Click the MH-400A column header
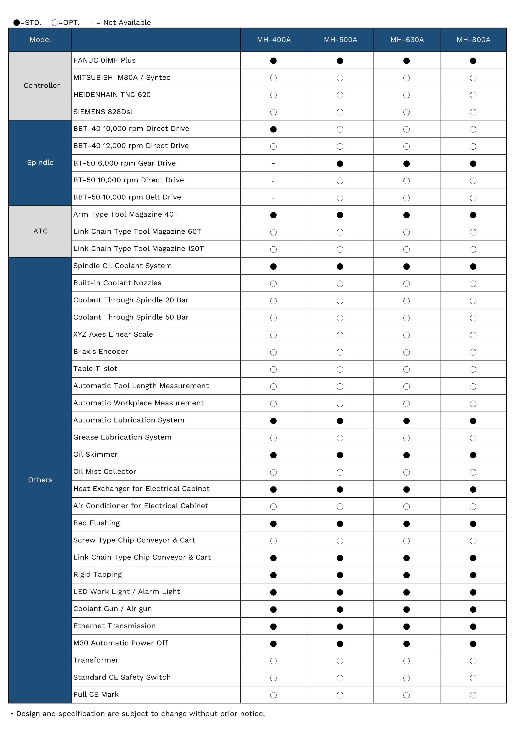[x=274, y=40]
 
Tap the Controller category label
[x=41, y=86]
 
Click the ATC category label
[x=40, y=231]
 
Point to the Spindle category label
[x=40, y=162]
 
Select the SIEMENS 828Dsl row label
[x=103, y=112]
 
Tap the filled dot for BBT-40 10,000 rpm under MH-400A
[x=273, y=129]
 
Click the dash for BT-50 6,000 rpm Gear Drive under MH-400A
[x=273, y=163]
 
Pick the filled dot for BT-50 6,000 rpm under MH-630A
[x=407, y=163]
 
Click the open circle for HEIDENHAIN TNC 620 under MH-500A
[x=340, y=95]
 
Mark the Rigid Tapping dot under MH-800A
[x=473, y=575]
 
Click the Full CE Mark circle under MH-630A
[x=407, y=695]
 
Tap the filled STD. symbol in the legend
[x=17, y=22]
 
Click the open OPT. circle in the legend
[x=55, y=22]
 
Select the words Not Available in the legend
[x=127, y=22]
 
